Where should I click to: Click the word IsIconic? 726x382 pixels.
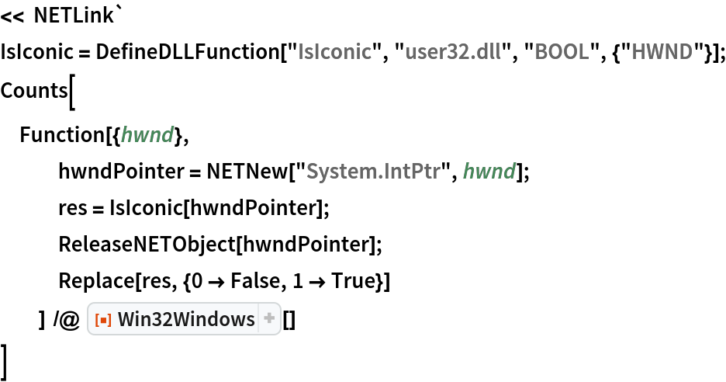click(334, 52)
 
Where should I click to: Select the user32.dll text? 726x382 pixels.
click(452, 52)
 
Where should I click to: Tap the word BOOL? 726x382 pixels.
click(562, 52)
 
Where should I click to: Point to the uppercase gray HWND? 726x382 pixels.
click(662, 52)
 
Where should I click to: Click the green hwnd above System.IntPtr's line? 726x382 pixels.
click(147, 136)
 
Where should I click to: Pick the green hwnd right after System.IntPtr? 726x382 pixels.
click(489, 171)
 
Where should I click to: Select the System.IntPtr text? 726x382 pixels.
click(373, 171)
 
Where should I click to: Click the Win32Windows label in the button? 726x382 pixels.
click(186, 319)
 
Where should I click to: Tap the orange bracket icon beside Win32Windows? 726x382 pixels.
click(102, 319)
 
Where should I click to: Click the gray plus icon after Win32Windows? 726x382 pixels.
click(269, 318)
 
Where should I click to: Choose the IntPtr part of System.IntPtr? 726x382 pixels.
click(413, 171)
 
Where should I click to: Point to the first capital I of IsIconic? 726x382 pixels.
click(302, 52)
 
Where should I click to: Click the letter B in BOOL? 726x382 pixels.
click(541, 52)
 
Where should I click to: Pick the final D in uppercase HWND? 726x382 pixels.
click(685, 52)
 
